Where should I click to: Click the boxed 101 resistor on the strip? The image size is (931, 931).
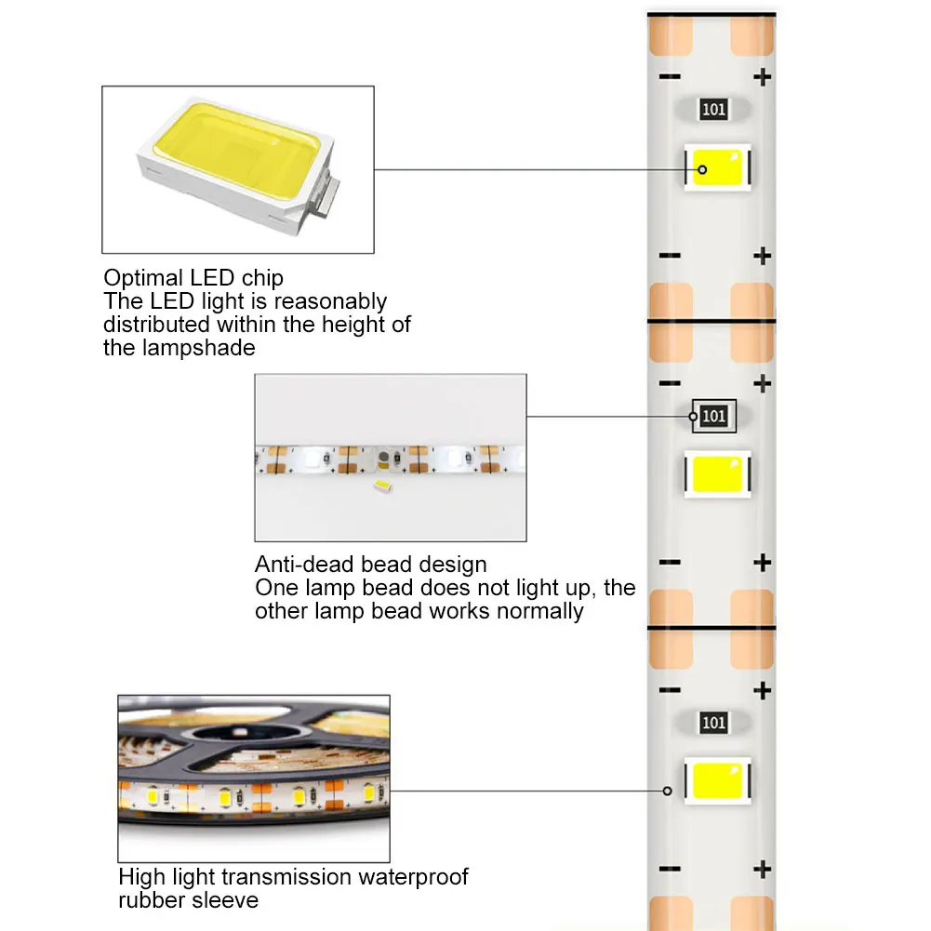(x=713, y=416)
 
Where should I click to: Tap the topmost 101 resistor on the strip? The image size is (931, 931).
(x=713, y=110)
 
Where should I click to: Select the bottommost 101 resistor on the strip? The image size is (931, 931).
(x=713, y=723)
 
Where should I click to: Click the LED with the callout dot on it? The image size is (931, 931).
(x=717, y=168)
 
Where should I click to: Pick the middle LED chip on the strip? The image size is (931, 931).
(x=717, y=474)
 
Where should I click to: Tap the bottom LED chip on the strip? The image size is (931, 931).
(x=717, y=779)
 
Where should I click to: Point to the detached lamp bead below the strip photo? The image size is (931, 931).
(x=380, y=486)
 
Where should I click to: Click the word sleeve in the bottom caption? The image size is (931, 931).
(x=227, y=900)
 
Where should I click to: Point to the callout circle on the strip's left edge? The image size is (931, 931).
(x=667, y=791)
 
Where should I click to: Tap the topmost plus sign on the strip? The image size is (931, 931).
(x=763, y=76)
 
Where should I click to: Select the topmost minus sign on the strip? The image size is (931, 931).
(x=670, y=76)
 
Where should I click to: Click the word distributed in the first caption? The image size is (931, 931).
(x=157, y=325)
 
